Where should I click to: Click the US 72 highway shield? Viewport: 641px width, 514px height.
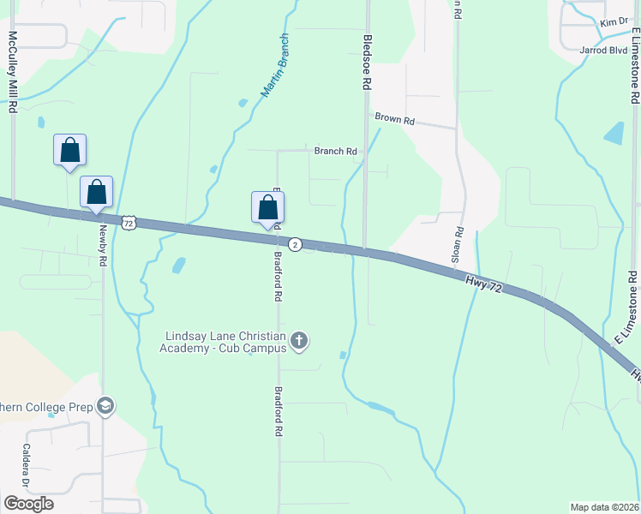(129, 222)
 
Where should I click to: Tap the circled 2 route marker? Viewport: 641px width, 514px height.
(295, 245)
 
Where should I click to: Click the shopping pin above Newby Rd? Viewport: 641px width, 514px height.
(96, 192)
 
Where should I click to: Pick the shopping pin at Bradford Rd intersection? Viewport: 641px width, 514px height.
(268, 207)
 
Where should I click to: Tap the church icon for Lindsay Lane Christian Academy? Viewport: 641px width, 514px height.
(299, 341)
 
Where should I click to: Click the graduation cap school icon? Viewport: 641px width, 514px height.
(106, 405)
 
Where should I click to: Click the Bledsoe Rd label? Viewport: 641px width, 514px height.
(367, 63)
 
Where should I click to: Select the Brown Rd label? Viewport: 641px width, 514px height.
(394, 120)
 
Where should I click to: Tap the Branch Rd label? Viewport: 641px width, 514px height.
(335, 152)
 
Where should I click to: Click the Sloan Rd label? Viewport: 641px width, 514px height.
(458, 244)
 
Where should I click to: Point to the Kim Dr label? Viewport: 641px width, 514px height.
(614, 22)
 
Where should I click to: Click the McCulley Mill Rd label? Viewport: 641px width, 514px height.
(13, 73)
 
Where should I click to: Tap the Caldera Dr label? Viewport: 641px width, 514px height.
(27, 462)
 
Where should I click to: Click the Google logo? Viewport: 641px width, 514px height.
(28, 504)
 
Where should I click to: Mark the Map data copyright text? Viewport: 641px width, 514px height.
(605, 507)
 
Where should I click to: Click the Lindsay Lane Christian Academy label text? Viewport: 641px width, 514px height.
(225, 341)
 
